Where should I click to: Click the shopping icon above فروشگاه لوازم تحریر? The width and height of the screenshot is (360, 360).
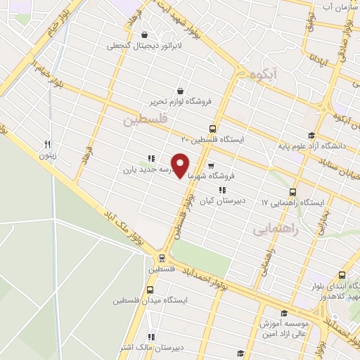click(x=181, y=91)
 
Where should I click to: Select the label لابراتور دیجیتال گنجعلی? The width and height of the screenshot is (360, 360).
click(x=139, y=46)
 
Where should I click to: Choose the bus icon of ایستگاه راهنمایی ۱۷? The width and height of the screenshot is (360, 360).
click(x=292, y=191)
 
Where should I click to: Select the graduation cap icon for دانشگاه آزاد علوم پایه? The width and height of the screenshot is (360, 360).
click(x=311, y=136)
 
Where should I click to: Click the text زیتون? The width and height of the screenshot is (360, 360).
click(x=47, y=155)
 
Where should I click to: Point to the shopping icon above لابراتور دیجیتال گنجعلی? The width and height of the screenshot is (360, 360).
click(x=144, y=34)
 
